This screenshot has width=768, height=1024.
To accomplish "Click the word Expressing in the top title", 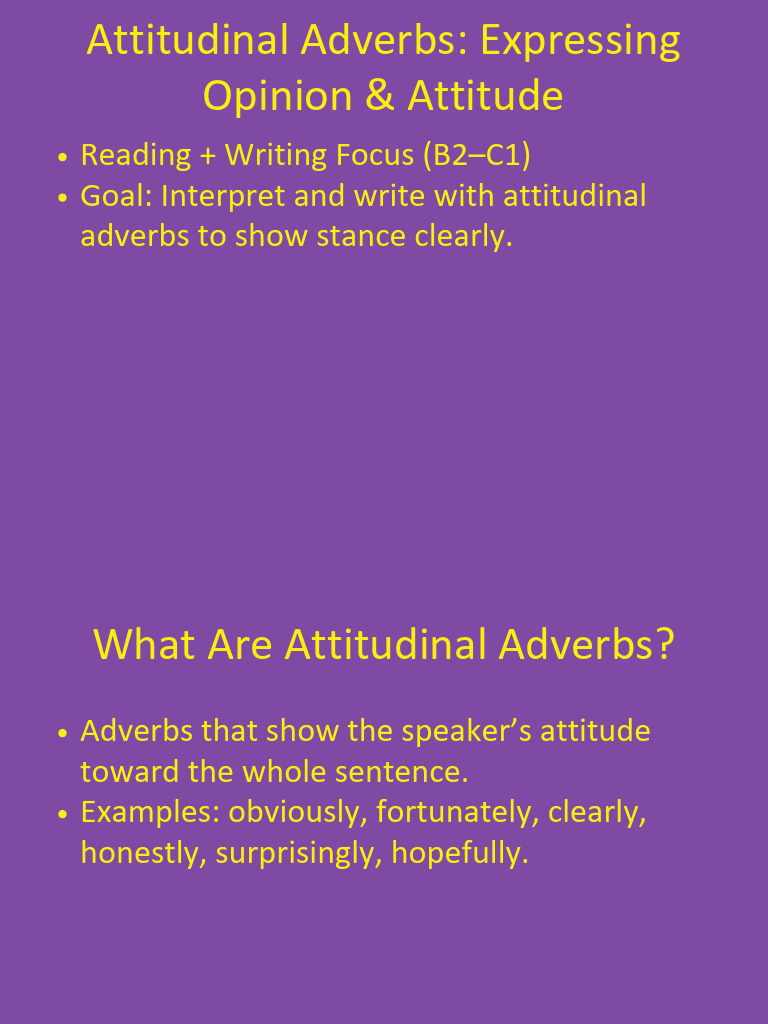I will (580, 41).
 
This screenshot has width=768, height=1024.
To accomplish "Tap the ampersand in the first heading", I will (381, 96).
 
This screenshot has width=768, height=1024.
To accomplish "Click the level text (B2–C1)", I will (476, 155).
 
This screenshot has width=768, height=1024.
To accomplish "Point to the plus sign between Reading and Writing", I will (208, 156).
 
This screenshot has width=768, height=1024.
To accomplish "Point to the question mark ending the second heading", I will (663, 644).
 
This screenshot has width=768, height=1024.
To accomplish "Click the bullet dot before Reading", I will (63, 157).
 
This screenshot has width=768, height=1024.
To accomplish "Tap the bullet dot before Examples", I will (63, 814).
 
